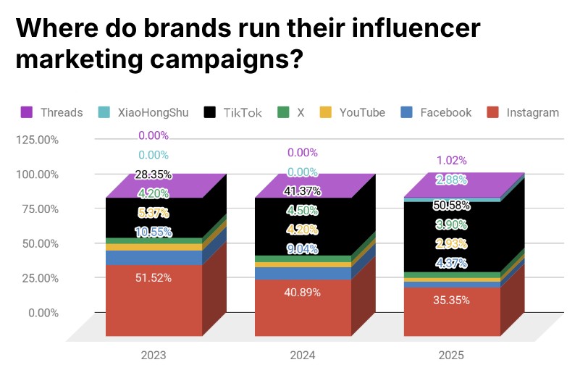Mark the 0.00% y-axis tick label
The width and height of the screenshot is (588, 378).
[x=41, y=313]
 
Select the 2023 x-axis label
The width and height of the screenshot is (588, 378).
[x=153, y=356]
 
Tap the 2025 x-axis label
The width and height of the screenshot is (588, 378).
[x=450, y=356]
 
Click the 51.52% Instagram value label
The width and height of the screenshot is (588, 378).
[x=153, y=278]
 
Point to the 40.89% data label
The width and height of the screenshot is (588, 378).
[x=302, y=292]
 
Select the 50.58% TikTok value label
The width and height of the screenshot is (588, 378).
[x=450, y=205]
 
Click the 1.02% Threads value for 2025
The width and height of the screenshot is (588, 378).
[x=450, y=161]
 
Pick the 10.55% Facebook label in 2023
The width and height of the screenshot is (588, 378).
[x=153, y=232]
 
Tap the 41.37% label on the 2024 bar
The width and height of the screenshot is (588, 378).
[x=302, y=190]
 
